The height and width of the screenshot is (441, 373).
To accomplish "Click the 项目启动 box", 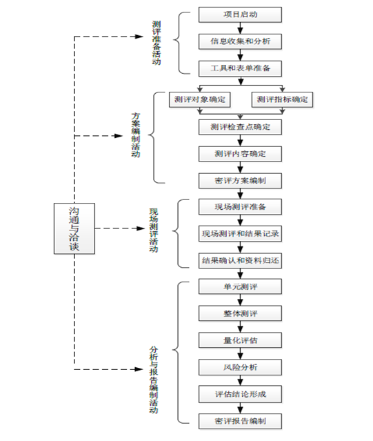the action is (x=240, y=14).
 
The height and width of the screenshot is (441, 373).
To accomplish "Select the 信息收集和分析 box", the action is (x=240, y=41).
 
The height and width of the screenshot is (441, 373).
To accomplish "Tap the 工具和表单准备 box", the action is (x=240, y=68).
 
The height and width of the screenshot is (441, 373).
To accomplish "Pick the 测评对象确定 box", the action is (x=200, y=99).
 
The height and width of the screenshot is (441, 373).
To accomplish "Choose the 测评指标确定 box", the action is (x=282, y=99).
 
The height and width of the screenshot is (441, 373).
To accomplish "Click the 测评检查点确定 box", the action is (x=240, y=127).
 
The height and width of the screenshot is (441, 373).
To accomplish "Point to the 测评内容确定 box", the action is (x=240, y=154).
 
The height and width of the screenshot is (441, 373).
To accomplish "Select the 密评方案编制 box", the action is (x=240, y=181).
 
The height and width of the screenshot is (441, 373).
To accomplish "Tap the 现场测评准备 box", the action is (x=240, y=207).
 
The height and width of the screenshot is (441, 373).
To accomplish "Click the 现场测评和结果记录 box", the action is (x=240, y=234).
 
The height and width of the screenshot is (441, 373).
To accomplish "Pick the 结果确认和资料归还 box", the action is (x=240, y=261).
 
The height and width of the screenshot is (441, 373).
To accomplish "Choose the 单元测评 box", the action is (x=240, y=287).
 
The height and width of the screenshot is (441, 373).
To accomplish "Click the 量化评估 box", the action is (x=240, y=340).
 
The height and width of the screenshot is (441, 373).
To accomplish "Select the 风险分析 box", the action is (x=240, y=367).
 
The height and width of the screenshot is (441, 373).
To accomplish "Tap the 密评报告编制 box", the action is (x=240, y=421).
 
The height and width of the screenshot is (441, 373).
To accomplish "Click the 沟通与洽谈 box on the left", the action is (x=74, y=228).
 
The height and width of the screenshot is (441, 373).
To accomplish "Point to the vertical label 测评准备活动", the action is (x=157, y=43).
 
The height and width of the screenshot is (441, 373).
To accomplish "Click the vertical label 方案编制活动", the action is (x=136, y=135).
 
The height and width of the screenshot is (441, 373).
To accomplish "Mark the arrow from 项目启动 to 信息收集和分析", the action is (x=240, y=28).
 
